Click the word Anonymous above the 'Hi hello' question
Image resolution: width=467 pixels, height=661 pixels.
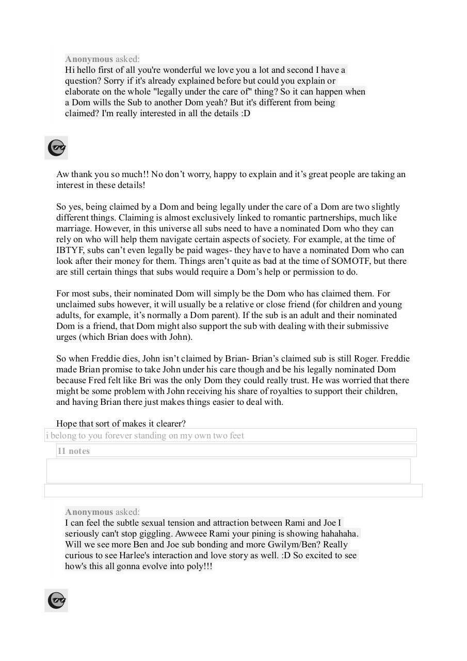[x=89, y=59]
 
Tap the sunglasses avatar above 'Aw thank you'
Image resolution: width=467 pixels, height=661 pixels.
[x=56, y=148]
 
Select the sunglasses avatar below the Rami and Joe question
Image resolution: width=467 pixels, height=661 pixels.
[x=56, y=601]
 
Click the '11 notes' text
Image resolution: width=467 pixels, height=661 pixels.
[x=73, y=451]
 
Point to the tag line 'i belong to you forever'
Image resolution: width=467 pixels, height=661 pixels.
[x=145, y=435]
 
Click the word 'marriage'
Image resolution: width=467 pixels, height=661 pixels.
[x=73, y=228]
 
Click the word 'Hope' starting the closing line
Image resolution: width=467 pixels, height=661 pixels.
[x=67, y=423]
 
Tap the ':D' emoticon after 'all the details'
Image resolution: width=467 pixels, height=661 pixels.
[x=246, y=113]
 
